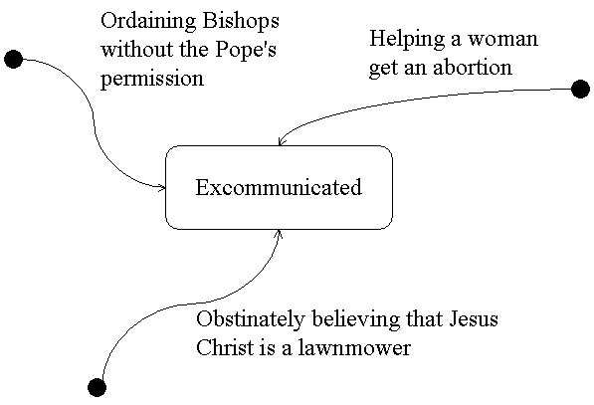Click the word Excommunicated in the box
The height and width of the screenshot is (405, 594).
[x=279, y=187]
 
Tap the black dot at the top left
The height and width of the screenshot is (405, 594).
[x=14, y=60]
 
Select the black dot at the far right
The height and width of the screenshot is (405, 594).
[x=581, y=90]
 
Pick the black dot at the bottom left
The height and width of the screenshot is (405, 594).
[x=97, y=386]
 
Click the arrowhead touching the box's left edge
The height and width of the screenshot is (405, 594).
[x=160, y=186]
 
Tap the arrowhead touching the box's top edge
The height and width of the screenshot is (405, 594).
[x=282, y=142]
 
